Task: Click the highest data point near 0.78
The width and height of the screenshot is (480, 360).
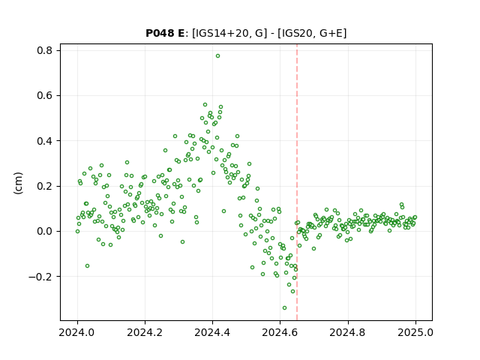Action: coord(217,56)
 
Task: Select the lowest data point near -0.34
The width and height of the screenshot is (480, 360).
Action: coord(284,307)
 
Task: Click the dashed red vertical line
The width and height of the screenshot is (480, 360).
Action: coord(297,182)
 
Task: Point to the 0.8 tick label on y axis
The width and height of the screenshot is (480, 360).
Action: coord(44,50)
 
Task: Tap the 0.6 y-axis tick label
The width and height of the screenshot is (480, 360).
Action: coord(44,95)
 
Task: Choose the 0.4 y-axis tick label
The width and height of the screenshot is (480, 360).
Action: coord(44,141)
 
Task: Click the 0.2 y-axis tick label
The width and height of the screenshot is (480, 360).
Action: coord(44,186)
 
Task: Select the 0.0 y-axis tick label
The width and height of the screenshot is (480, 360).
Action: coord(44,232)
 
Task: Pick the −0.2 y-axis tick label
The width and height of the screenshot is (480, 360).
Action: coord(40,277)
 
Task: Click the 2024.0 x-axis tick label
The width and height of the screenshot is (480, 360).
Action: coord(77,332)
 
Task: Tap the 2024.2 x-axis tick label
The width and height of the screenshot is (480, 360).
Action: coord(145,332)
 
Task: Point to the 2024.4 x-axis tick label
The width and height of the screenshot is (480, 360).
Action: coord(212,332)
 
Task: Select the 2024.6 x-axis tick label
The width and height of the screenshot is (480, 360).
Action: coord(280,332)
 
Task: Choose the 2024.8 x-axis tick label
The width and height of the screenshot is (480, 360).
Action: coord(347,332)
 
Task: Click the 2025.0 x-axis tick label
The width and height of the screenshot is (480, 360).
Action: coord(415,332)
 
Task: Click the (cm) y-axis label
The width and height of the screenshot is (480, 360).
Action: coord(18,183)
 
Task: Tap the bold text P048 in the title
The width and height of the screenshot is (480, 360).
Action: coord(160,33)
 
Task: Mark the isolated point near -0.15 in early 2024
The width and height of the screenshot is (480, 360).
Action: coord(87,265)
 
